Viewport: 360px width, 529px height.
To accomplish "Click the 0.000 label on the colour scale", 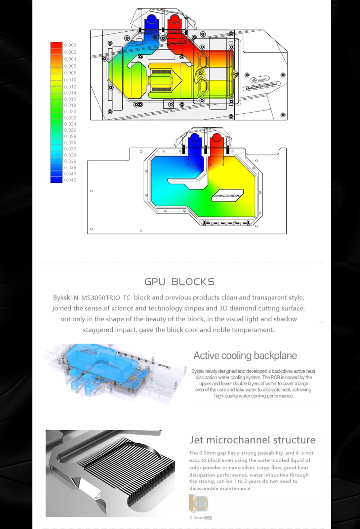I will click(x=70, y=45).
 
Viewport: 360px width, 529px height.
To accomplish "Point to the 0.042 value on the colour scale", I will click(x=70, y=180).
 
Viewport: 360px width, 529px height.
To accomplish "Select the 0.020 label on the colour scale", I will click(x=70, y=112).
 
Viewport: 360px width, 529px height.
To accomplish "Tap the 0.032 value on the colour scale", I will click(x=70, y=149).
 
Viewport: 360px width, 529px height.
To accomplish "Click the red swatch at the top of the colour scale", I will click(x=56, y=45).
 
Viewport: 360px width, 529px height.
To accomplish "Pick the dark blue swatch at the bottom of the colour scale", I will click(x=56, y=180).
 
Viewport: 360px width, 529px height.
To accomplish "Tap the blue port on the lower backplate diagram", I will click(x=195, y=138).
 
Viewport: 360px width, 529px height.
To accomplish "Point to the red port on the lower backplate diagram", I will click(x=216, y=138).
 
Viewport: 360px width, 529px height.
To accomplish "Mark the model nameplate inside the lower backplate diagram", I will click(x=228, y=195).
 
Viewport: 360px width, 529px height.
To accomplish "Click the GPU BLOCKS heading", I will click(x=179, y=282).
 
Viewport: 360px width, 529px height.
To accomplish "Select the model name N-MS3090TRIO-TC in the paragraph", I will click(x=102, y=298).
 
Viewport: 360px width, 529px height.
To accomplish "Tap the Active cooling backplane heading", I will click(x=245, y=356).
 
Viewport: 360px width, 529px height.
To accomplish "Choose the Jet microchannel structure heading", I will click(x=252, y=440).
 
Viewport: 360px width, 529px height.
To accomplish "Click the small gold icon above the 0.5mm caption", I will click(x=199, y=503).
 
